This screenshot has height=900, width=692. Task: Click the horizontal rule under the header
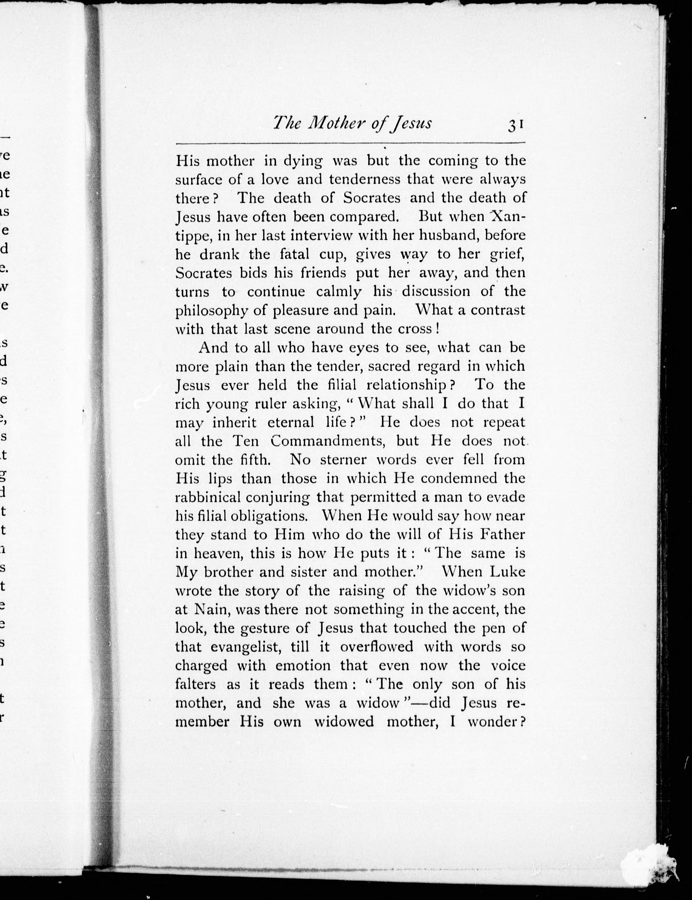[350, 143]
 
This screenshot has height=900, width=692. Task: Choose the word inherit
[234, 422]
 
